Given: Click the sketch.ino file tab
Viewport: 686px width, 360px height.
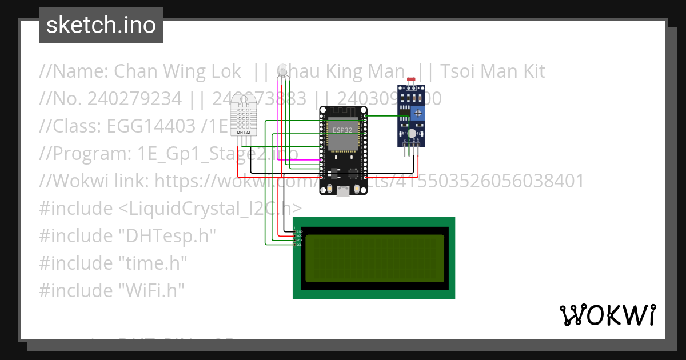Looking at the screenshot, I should pyautogui.click(x=101, y=25).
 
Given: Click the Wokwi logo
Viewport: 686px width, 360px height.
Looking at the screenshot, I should pyautogui.click(x=607, y=315).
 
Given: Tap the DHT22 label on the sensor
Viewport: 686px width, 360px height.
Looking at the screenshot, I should pyautogui.click(x=243, y=132).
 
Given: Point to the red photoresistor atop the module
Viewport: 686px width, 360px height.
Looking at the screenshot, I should pyautogui.click(x=411, y=81).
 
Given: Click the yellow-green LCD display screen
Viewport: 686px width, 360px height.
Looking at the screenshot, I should pyautogui.click(x=374, y=258).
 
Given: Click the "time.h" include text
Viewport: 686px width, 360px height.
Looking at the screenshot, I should pyautogui.click(x=153, y=263).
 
